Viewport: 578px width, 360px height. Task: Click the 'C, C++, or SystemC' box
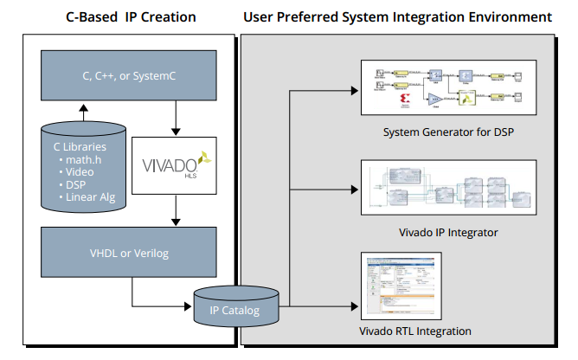pos(128,75)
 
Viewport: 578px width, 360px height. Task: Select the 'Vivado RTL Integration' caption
pos(415,331)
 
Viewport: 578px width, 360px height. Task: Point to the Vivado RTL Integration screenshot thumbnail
pos(400,287)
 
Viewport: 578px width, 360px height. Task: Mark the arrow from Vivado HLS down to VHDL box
pos(176,209)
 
